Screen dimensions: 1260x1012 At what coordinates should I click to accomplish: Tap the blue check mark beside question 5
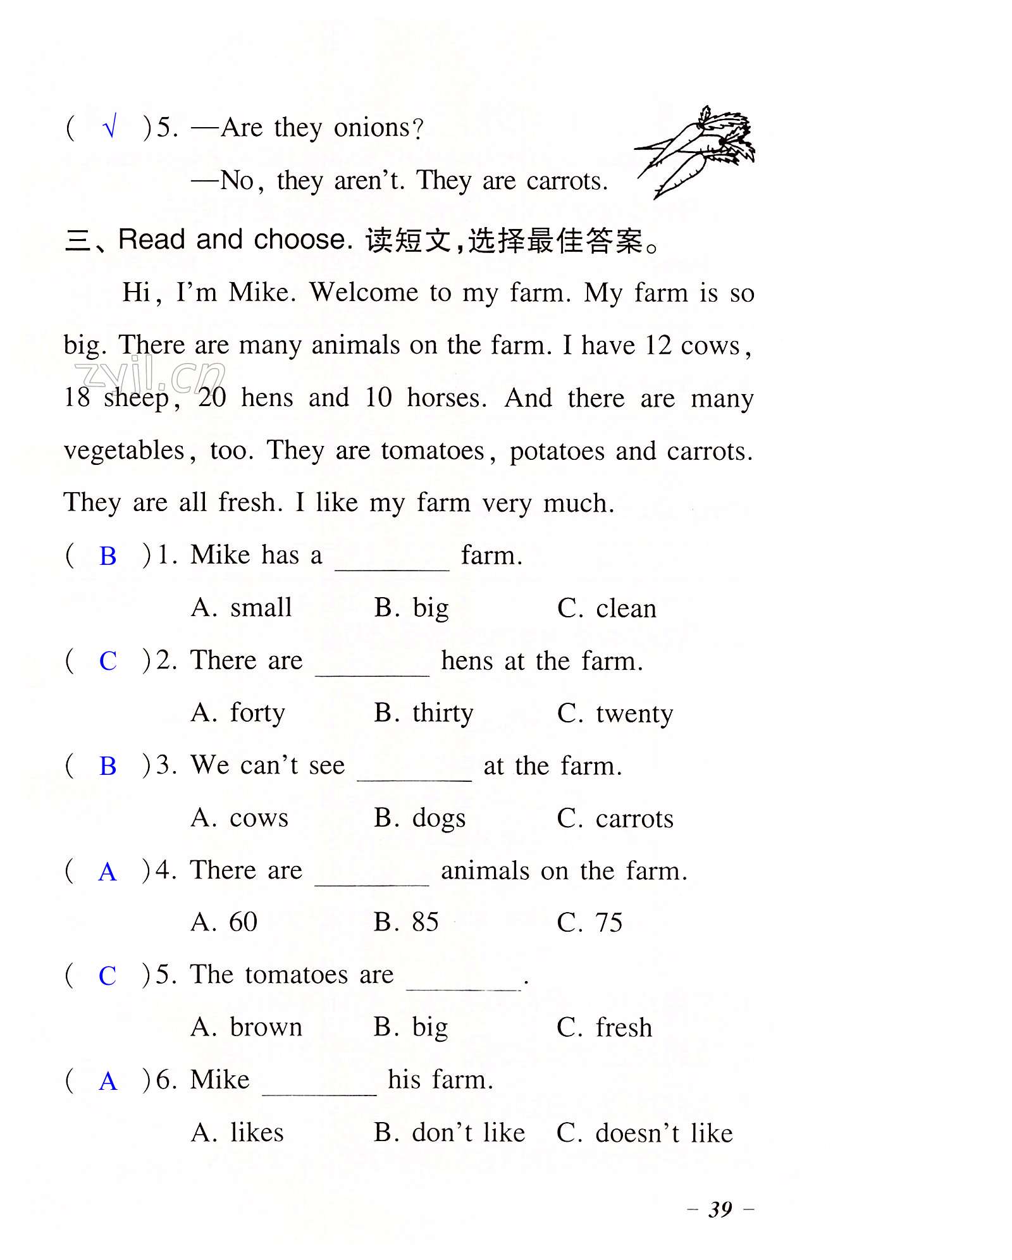tap(109, 127)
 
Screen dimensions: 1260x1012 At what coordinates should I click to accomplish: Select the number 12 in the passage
tap(658, 345)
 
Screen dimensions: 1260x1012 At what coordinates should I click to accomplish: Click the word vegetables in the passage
tap(125, 451)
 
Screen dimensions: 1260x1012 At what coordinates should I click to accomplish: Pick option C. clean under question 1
tap(607, 608)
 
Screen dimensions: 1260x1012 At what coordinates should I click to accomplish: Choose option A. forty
tap(238, 713)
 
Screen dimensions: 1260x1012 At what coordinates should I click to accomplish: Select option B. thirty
tap(423, 713)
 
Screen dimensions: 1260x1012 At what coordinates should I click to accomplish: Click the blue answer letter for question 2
tap(108, 661)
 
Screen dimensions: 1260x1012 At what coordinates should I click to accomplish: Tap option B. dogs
tap(419, 818)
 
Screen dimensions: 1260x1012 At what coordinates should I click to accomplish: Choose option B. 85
tap(406, 922)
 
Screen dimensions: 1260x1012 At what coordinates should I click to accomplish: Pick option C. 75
tap(589, 922)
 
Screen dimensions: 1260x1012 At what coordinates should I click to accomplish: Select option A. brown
tap(247, 1027)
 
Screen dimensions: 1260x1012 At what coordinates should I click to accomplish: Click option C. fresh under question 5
tap(604, 1027)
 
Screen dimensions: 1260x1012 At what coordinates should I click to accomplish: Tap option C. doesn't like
tap(645, 1133)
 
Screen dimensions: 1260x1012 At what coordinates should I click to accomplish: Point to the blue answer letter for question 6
tap(108, 1081)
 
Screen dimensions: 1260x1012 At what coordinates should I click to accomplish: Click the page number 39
tap(720, 1209)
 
